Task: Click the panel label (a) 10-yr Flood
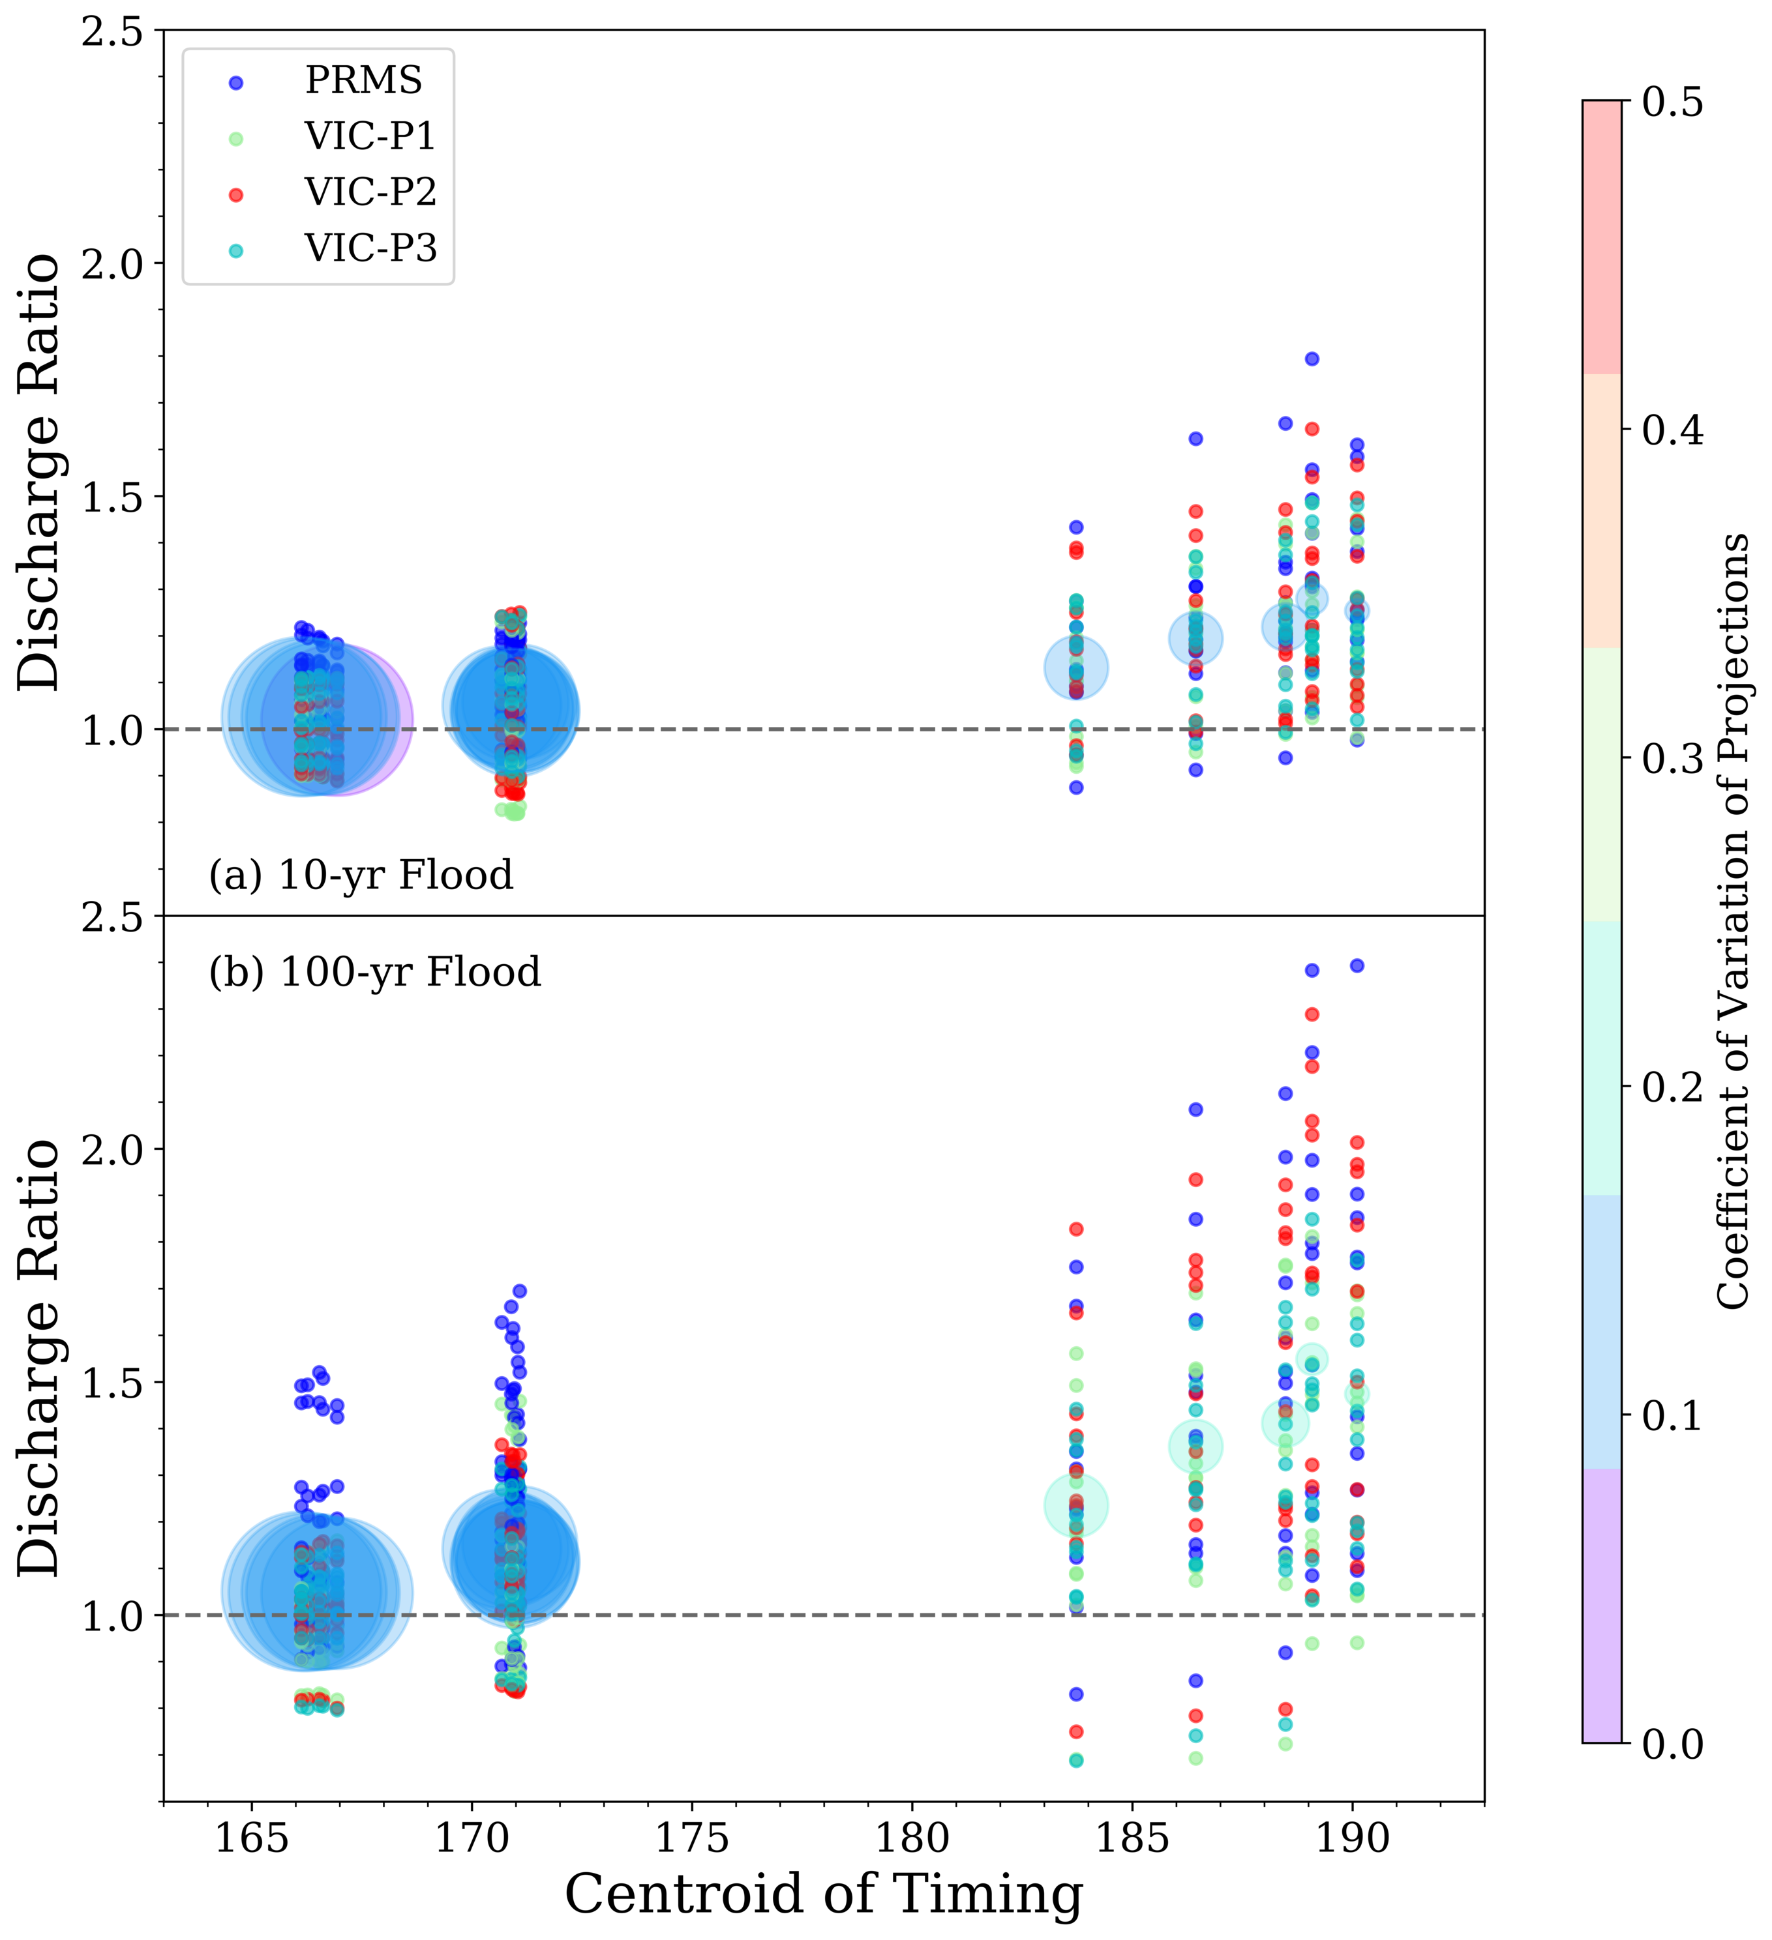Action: [x=361, y=875]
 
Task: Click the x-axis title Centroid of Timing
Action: [x=823, y=1894]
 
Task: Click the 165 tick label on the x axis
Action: [x=251, y=1838]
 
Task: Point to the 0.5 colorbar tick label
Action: [x=1673, y=102]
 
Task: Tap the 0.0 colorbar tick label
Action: [x=1673, y=1744]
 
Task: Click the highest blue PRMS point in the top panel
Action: [x=1311, y=359]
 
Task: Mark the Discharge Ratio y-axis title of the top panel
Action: [x=40, y=471]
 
